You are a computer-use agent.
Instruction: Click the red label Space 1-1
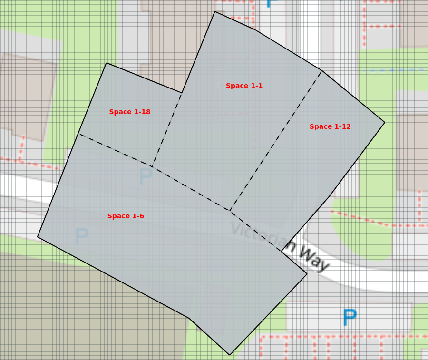pos(244,86)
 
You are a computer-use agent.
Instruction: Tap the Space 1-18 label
pos(130,112)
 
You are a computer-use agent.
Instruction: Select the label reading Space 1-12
pos(330,127)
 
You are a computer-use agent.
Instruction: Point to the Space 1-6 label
pos(126,216)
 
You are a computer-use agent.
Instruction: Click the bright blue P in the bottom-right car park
pos(350,318)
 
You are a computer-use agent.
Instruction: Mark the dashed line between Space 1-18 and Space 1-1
pos(167,130)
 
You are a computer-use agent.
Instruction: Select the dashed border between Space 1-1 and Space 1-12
pos(276,141)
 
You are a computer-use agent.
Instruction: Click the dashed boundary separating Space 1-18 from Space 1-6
pos(116,150)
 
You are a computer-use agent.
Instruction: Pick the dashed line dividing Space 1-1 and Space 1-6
pos(191,189)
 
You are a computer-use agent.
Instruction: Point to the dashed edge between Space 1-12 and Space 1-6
pos(255,231)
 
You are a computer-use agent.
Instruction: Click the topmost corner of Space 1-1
pos(215,11)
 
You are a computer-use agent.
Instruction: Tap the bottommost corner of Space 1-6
pos(230,355)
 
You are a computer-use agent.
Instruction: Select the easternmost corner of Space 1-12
pos(385,123)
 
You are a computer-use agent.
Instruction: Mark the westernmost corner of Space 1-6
pos(38,237)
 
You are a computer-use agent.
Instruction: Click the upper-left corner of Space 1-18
pos(107,63)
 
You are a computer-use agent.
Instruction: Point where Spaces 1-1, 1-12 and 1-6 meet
pos(230,211)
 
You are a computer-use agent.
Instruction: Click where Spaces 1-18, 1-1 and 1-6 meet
pos(152,167)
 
